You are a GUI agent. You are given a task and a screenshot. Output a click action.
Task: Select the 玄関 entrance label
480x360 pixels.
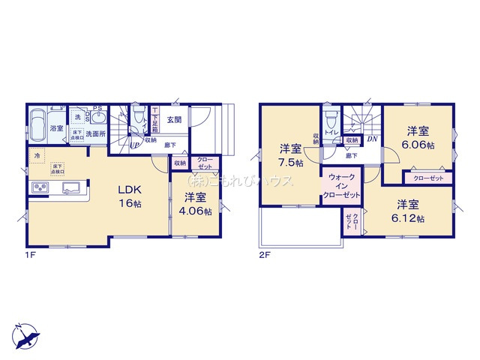click(x=174, y=119)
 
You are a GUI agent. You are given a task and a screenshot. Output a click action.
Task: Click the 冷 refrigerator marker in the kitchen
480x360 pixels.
click(x=37, y=155)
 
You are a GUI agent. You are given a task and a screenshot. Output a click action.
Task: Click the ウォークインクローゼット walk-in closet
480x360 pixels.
click(x=342, y=185)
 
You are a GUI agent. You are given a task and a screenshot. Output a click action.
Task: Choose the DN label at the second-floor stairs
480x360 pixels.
click(x=372, y=139)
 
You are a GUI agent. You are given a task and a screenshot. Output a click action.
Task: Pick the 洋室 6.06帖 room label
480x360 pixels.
click(x=418, y=136)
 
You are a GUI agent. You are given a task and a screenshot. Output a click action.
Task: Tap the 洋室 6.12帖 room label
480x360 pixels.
click(x=411, y=211)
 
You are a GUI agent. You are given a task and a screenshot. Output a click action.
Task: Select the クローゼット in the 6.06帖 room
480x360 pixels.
click(x=428, y=178)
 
